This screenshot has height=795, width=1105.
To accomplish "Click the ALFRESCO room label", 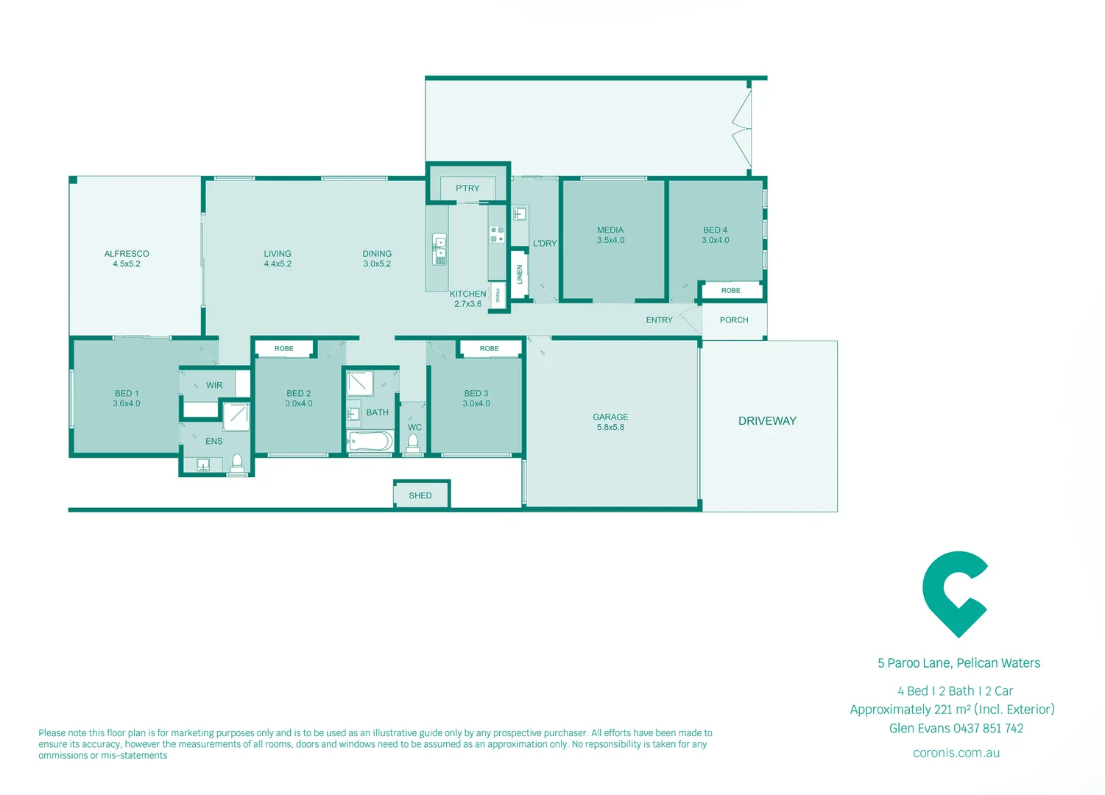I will click(127, 254).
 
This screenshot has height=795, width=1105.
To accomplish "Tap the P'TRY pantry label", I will click(467, 188).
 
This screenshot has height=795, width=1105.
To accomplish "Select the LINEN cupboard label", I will click(519, 275).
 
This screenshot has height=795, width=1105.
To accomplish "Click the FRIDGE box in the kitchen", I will click(498, 295).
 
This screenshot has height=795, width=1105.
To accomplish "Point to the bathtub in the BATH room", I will click(370, 442).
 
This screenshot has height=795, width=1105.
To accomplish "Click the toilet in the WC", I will click(413, 442).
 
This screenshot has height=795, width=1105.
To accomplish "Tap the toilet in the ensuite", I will click(237, 463).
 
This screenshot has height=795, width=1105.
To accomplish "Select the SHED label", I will click(420, 495).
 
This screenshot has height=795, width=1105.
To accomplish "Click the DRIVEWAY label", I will click(767, 421).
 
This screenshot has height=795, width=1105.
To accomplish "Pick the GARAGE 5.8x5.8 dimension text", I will click(610, 427).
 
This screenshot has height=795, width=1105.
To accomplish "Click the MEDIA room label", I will click(610, 230).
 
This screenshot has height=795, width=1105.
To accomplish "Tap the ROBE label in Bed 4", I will click(731, 291).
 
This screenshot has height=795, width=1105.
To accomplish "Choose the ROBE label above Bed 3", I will click(490, 348).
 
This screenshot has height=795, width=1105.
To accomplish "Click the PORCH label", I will click(734, 320).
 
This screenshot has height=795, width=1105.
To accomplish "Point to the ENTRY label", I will click(659, 320).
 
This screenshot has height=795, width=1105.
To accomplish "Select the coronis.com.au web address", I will click(956, 753).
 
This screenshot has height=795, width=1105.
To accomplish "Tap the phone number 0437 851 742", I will click(988, 729).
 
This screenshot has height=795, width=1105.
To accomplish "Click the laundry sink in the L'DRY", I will click(520, 214).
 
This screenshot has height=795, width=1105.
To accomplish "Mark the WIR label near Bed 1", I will click(214, 386).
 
